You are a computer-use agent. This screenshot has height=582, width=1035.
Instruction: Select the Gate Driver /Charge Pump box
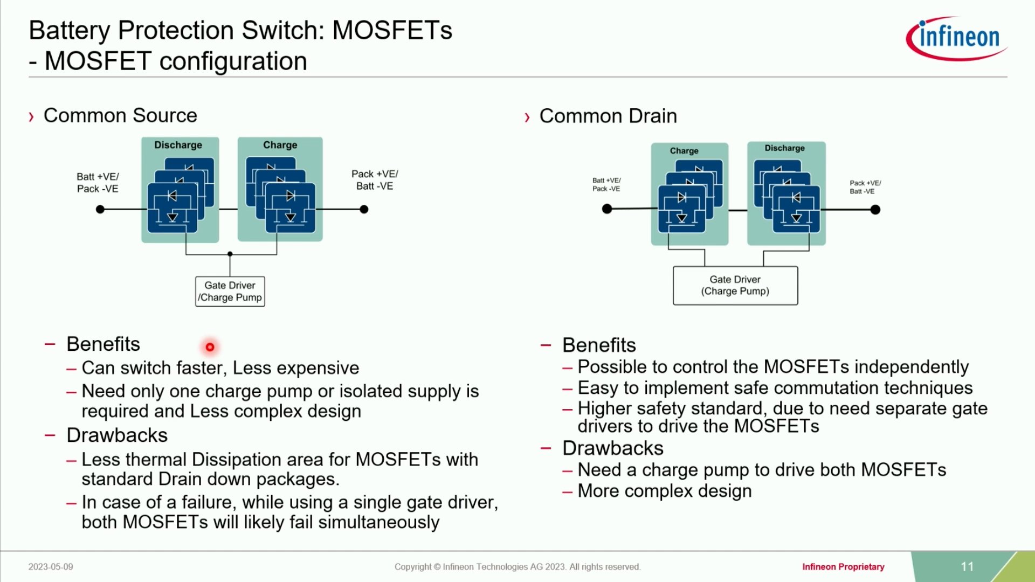pyautogui.click(x=230, y=292)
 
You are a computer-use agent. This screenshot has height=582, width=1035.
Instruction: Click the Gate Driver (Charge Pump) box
pyautogui.click(x=735, y=286)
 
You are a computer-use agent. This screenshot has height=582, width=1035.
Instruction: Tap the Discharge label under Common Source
pyautogui.click(x=178, y=145)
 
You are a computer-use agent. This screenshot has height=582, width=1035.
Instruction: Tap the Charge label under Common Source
pyautogui.click(x=280, y=145)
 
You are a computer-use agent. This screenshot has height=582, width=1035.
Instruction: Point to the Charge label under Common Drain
pyautogui.click(x=684, y=151)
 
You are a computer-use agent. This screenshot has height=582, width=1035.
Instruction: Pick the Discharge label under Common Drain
pyautogui.click(x=784, y=148)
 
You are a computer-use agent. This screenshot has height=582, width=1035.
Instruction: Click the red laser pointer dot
pyautogui.click(x=210, y=347)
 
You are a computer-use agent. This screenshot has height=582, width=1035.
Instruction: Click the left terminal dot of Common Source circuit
pyautogui.click(x=100, y=210)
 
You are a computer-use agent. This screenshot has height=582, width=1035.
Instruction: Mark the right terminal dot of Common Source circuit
pyautogui.click(x=364, y=210)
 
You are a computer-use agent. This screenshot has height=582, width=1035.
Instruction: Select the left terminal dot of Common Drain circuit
pyautogui.click(x=607, y=209)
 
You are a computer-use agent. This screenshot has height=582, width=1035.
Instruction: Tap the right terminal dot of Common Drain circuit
pyautogui.click(x=875, y=210)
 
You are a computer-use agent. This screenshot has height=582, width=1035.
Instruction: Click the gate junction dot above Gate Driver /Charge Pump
pyautogui.click(x=230, y=254)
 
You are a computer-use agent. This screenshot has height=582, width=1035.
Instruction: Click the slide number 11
pyautogui.click(x=967, y=567)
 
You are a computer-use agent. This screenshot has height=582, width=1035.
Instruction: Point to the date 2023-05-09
pyautogui.click(x=51, y=567)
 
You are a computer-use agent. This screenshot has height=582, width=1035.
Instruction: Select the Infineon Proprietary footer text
pyautogui.click(x=843, y=567)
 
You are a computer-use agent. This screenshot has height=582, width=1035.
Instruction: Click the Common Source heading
pyautogui.click(x=120, y=115)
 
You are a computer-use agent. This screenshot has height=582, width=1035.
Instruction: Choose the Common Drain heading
pyautogui.click(x=608, y=116)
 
